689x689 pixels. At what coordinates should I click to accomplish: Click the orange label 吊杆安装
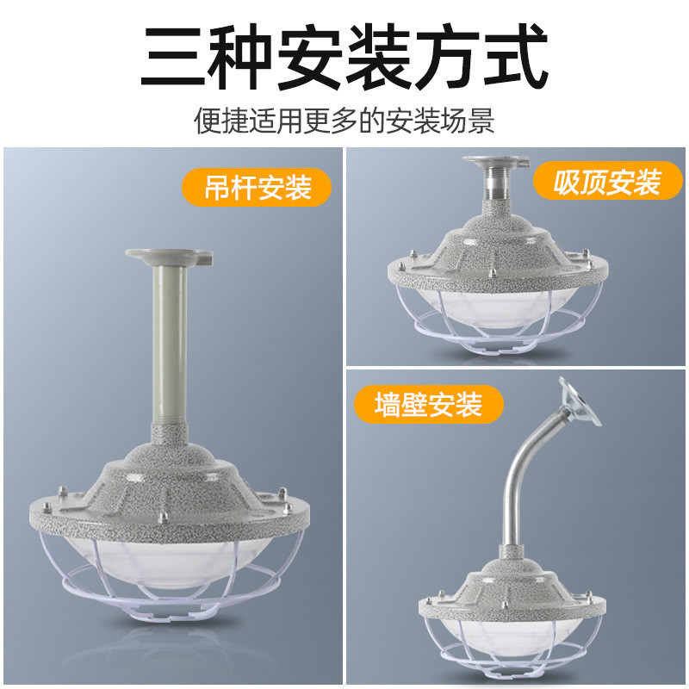[x=258, y=187]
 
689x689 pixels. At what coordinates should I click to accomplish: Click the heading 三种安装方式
[x=344, y=56]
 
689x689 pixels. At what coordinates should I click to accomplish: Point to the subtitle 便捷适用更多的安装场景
[x=344, y=120]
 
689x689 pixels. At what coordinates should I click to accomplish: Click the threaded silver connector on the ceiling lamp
[x=497, y=182]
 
